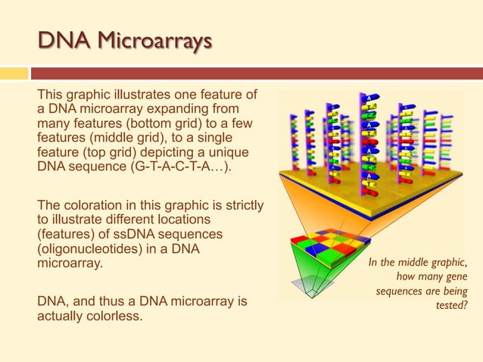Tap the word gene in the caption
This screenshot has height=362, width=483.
(454, 276)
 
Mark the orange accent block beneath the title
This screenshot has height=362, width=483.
(14, 73)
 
